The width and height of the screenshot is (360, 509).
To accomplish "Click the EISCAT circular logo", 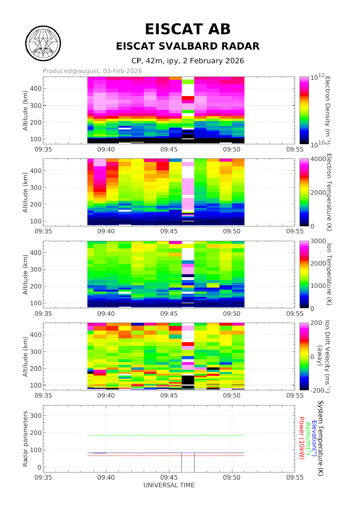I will [43, 44].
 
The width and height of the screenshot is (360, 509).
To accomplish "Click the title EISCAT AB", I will [188, 29].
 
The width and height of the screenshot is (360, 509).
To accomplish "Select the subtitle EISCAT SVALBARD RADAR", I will [188, 46].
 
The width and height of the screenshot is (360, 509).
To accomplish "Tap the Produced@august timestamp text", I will [92, 71].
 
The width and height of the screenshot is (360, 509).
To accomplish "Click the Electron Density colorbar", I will [304, 110].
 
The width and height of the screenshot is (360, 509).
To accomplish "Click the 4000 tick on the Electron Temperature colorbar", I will [318, 159].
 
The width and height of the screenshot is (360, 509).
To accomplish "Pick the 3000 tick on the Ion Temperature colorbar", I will [318, 241].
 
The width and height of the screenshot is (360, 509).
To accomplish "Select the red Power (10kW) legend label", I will [302, 438].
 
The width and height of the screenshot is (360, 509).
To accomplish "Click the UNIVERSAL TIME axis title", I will [169, 485].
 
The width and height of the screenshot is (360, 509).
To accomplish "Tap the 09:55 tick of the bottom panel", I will [295, 477].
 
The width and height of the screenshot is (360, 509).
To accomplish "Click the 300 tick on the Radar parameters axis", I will [36, 416].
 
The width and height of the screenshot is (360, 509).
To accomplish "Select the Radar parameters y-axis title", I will [25, 439].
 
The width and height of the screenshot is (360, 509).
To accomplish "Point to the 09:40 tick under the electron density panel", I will [106, 149].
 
